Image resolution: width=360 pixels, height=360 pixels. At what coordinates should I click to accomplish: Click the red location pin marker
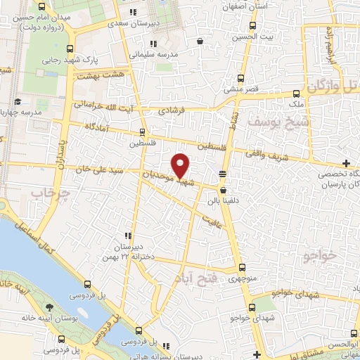[181, 165]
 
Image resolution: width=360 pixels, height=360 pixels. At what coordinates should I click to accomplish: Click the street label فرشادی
[170, 110]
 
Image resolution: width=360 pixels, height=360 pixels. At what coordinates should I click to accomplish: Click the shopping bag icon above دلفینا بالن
[224, 189]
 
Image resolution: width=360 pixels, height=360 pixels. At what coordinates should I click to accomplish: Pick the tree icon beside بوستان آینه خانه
[49, 309]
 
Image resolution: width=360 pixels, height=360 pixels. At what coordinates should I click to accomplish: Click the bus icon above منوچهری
[242, 267]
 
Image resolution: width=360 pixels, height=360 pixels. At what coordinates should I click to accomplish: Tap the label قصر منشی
[241, 89]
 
